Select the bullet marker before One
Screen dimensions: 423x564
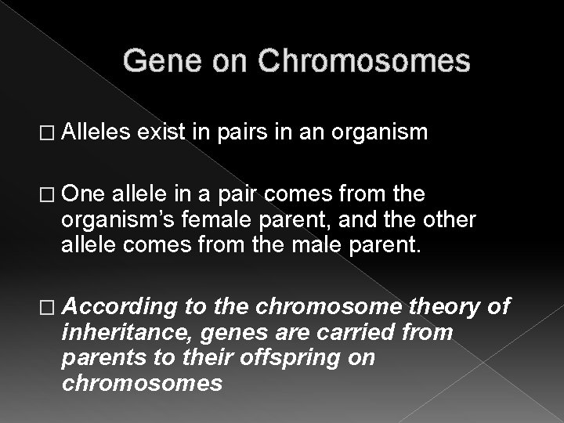[50, 194]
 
